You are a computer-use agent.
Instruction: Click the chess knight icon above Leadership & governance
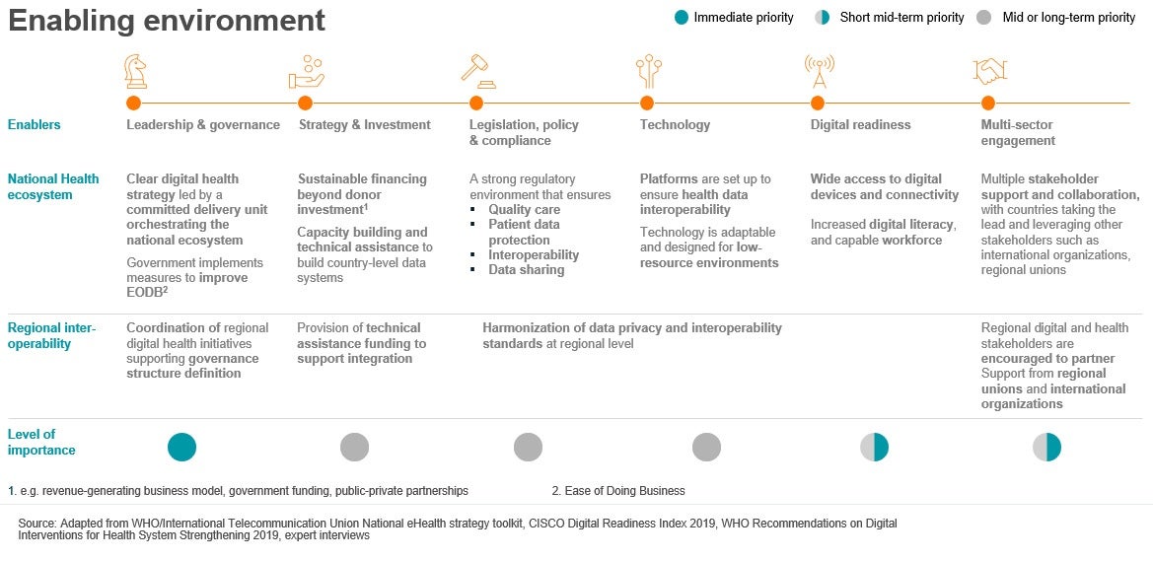click(x=135, y=71)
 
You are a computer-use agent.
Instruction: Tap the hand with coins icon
click(x=307, y=72)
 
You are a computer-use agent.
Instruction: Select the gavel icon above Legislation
click(x=475, y=69)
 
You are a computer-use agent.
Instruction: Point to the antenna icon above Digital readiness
click(x=819, y=71)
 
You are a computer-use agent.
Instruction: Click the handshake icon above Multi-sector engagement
click(x=989, y=71)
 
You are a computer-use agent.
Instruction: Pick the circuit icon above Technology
click(x=648, y=71)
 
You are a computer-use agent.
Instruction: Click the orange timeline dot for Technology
click(x=647, y=103)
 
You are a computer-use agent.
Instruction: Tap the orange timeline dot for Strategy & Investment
click(x=305, y=103)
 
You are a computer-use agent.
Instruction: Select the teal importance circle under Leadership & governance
click(x=181, y=447)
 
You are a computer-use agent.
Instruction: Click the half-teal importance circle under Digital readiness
click(x=874, y=447)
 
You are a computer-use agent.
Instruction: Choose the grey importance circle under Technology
click(x=706, y=447)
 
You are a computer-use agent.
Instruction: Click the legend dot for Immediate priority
click(x=681, y=17)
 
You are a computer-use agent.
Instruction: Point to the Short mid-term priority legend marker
click(x=823, y=17)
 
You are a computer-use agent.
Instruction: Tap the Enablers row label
click(x=34, y=124)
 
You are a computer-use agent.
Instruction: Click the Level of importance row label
click(x=41, y=442)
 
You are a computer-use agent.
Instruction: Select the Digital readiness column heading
click(x=860, y=124)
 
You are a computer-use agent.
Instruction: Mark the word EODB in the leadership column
click(x=142, y=293)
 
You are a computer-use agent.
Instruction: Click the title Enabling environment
click(x=166, y=21)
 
